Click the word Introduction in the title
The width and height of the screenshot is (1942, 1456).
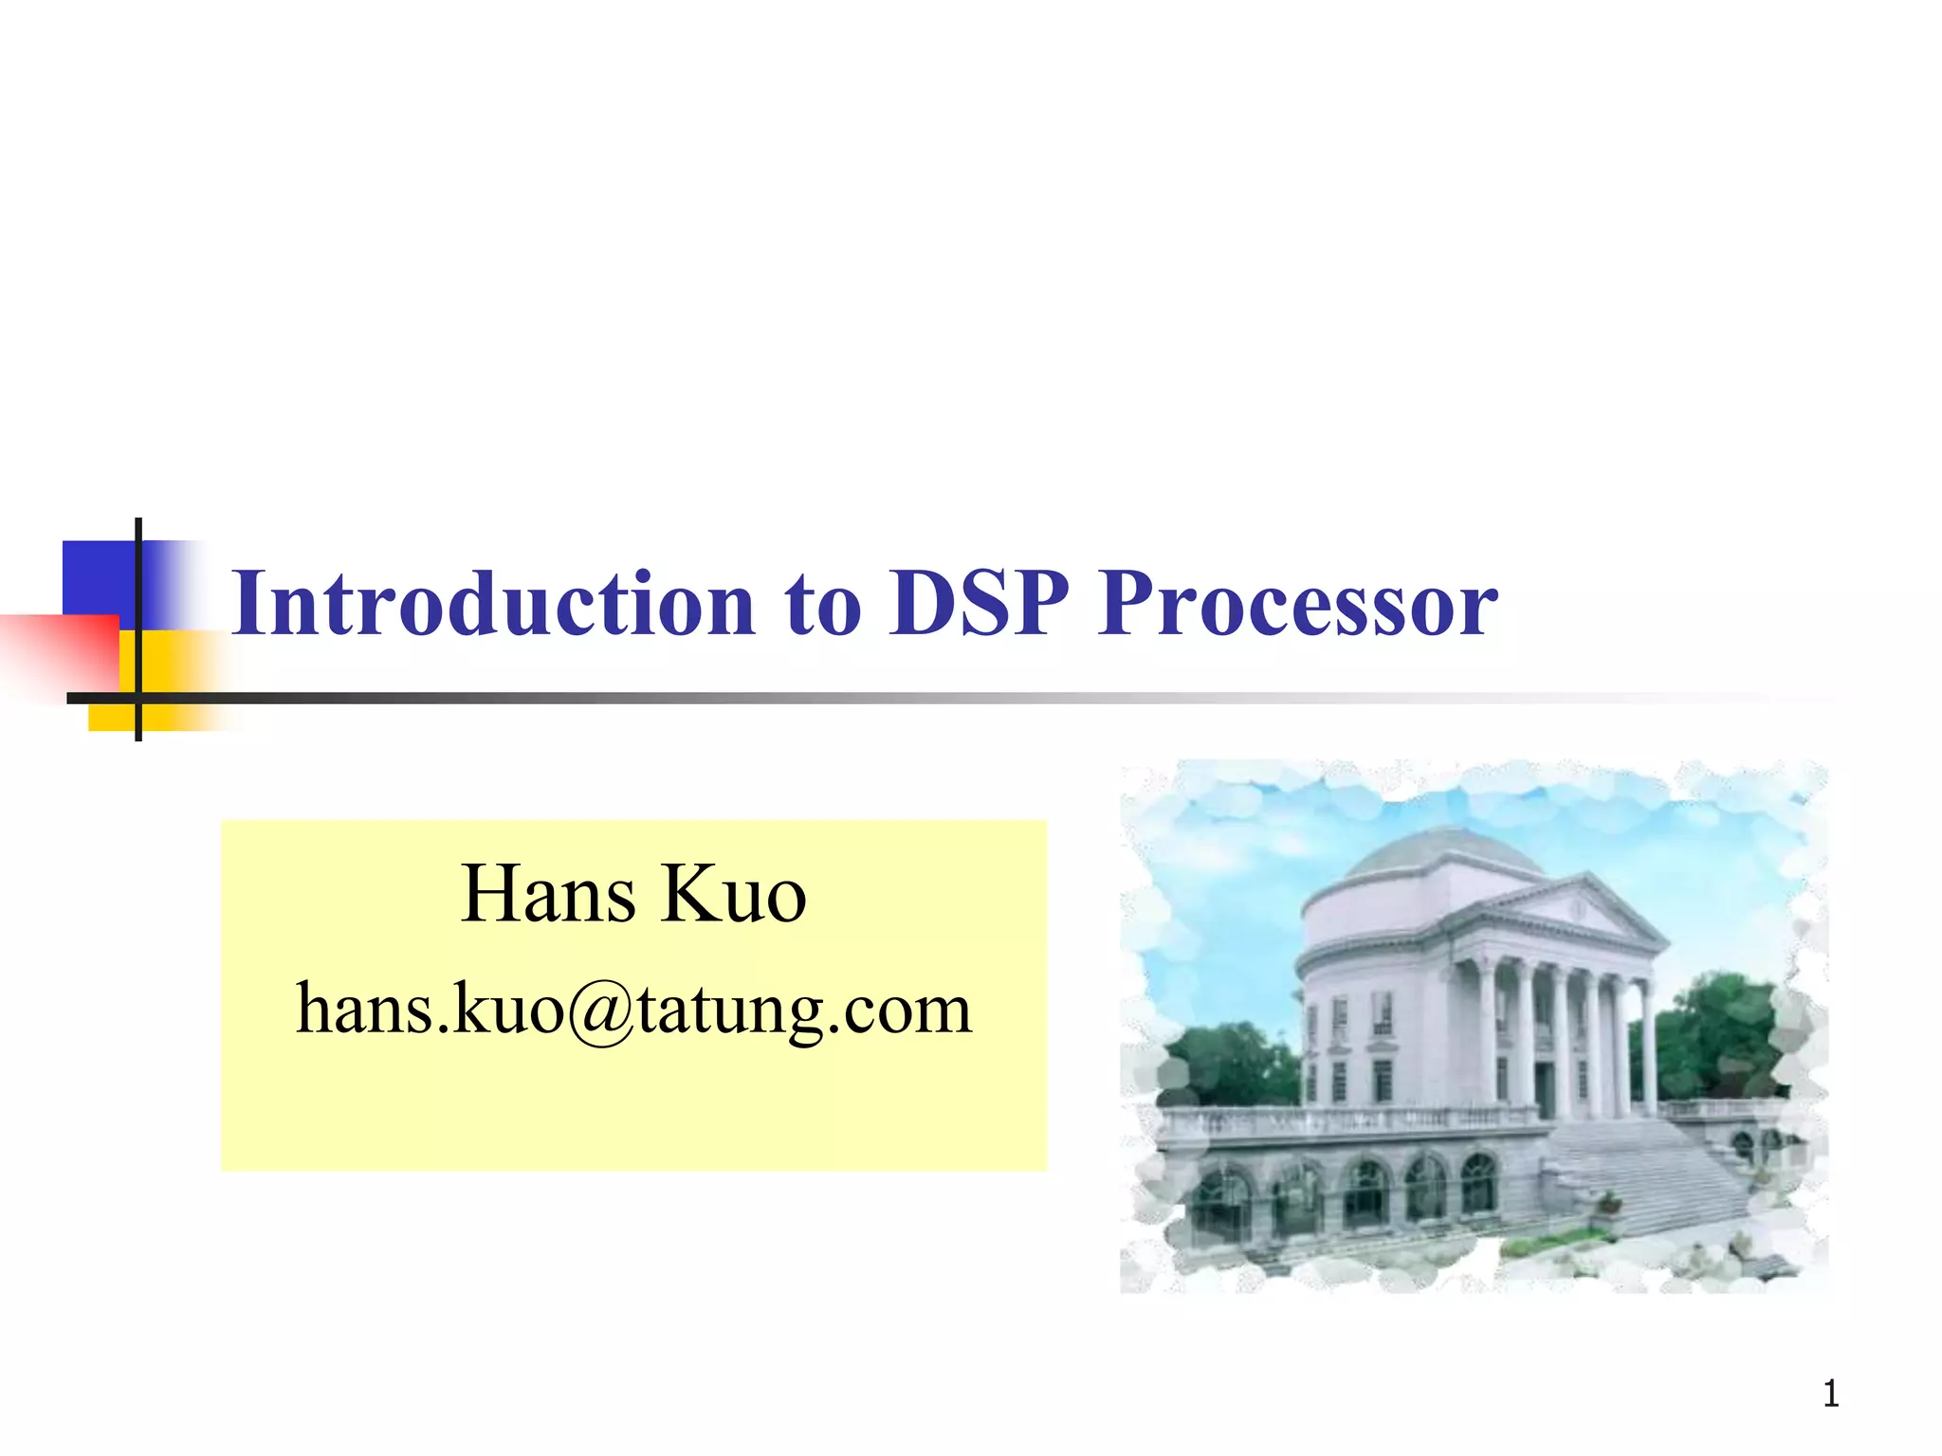[x=493, y=604]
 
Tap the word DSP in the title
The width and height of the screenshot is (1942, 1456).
[x=979, y=604]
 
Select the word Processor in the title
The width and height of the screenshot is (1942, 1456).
[x=1297, y=604]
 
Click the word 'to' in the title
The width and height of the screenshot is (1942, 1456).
[x=822, y=607]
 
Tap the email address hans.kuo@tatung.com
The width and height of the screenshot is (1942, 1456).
[x=633, y=1010]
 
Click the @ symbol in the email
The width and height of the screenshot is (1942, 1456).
[x=601, y=1011]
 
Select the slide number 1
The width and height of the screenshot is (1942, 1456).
[x=1830, y=1394]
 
